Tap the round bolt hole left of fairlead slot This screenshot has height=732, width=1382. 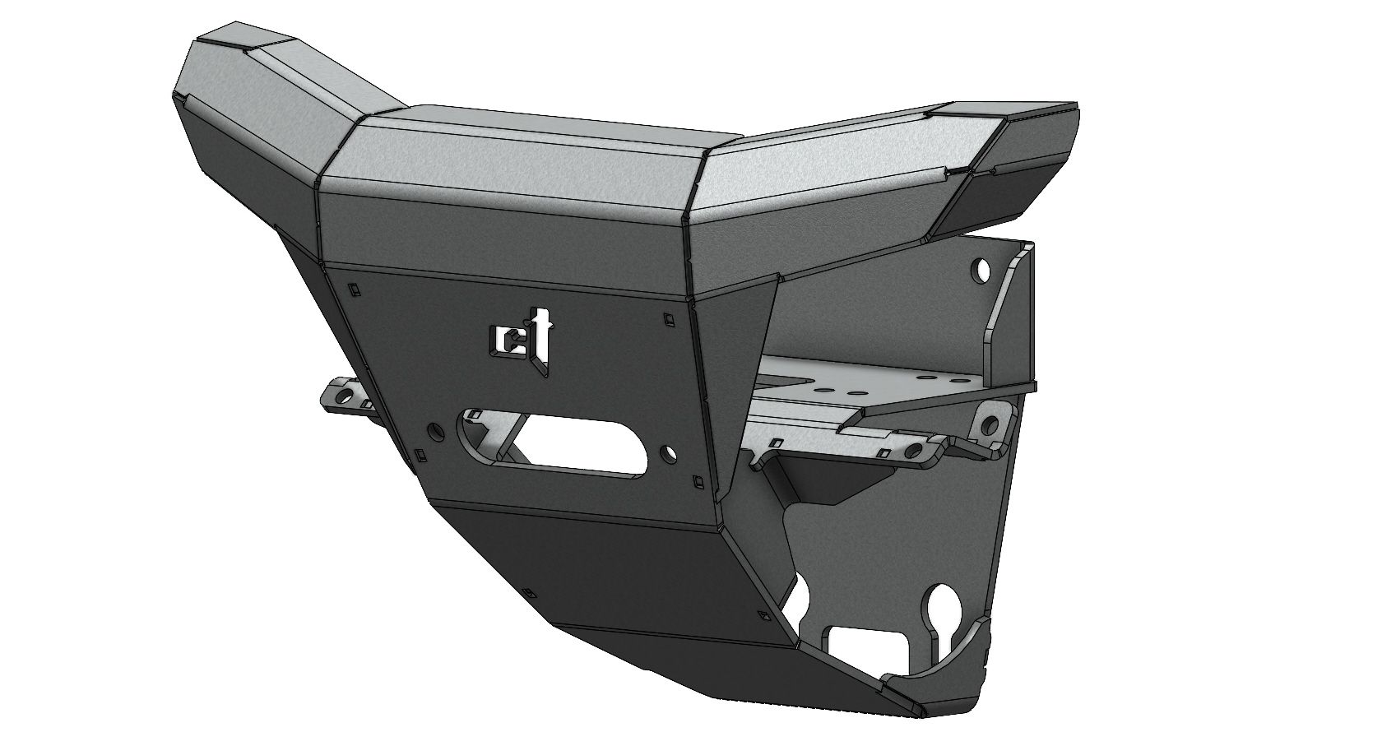434,429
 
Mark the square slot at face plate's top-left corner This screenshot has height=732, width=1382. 352,289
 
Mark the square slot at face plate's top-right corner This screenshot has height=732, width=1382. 667,316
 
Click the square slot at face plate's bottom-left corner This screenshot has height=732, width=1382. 422,453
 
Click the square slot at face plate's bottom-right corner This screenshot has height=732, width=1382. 698,480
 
